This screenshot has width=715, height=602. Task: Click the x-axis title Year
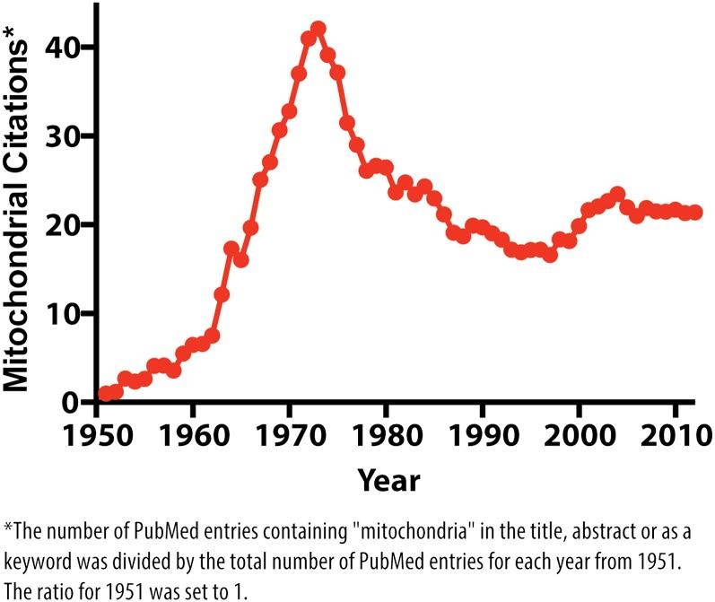click(388, 480)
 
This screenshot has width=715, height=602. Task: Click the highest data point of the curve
click(318, 29)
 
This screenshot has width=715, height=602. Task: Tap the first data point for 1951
click(106, 393)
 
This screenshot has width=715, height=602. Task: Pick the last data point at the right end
click(695, 213)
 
